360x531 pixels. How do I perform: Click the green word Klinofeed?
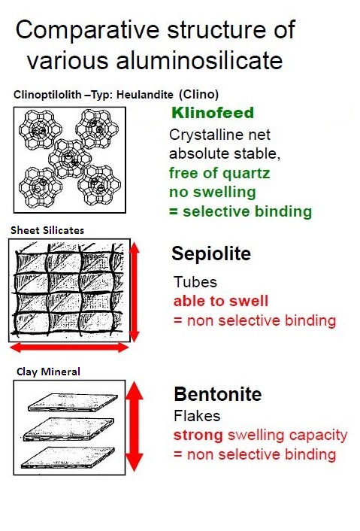[x=213, y=113]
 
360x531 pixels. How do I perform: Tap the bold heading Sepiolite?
[x=211, y=253]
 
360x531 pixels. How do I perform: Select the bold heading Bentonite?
[x=218, y=394]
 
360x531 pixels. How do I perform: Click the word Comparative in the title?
[x=87, y=31]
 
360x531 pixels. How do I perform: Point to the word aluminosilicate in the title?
[x=199, y=61]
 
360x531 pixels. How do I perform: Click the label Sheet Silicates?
[x=47, y=230]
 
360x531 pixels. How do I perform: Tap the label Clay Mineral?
[x=48, y=372]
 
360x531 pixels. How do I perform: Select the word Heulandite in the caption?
[x=145, y=94]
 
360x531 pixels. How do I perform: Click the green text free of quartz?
[x=219, y=173]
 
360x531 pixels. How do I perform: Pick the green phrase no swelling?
[x=213, y=193]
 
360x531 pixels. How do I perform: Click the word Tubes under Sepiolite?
[x=195, y=282]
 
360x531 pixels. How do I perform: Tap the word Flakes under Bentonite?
[x=197, y=416]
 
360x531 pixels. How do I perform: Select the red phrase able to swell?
[x=221, y=301]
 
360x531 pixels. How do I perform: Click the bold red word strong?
[x=198, y=435]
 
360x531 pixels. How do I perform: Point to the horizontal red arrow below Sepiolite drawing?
[x=69, y=347]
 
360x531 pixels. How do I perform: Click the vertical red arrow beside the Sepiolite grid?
[x=135, y=292]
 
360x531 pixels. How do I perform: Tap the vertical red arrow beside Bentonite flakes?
[x=135, y=426]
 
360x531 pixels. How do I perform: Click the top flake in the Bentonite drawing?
[x=73, y=402]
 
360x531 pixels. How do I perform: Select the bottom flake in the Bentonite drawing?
[x=68, y=457]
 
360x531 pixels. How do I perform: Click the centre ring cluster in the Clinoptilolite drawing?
[x=70, y=159]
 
